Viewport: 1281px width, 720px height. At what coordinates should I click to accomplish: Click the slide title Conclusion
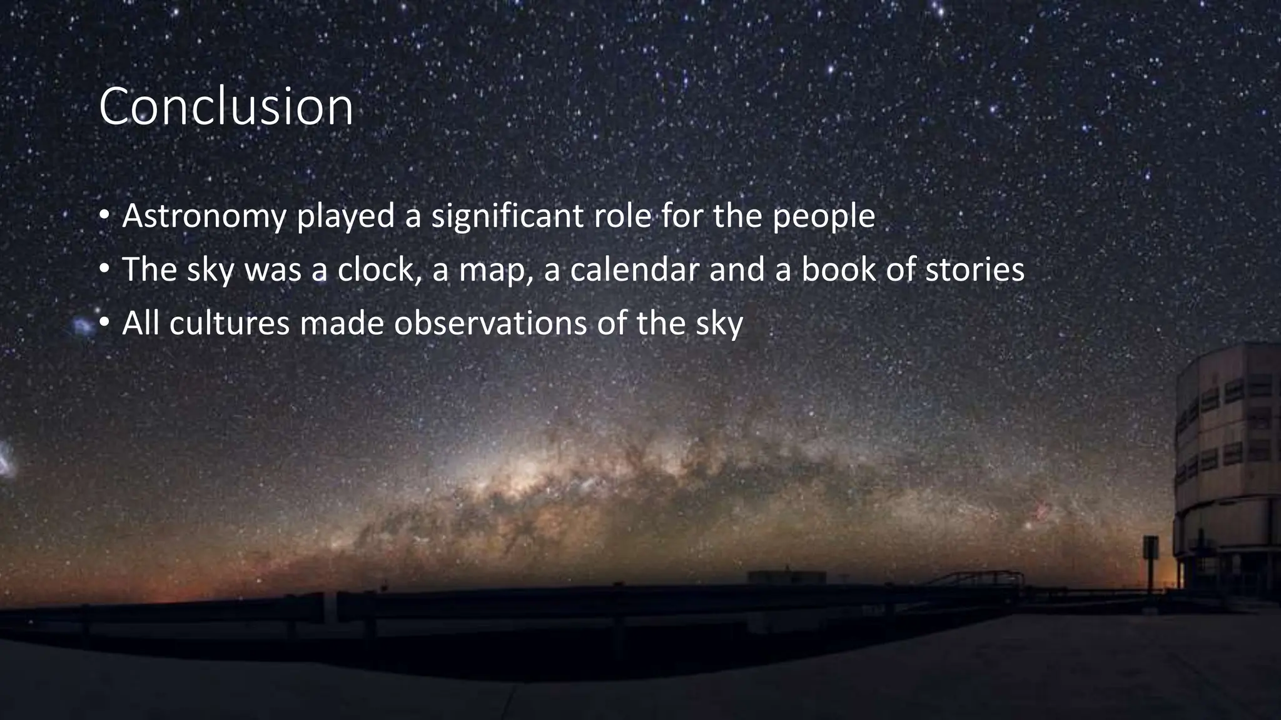pyautogui.click(x=226, y=107)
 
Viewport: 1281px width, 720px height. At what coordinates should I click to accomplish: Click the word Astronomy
pyautogui.click(x=204, y=216)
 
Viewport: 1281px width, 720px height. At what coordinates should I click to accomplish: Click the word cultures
pyautogui.click(x=229, y=324)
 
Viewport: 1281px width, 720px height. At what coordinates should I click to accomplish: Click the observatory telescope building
pyautogui.click(x=1226, y=469)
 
